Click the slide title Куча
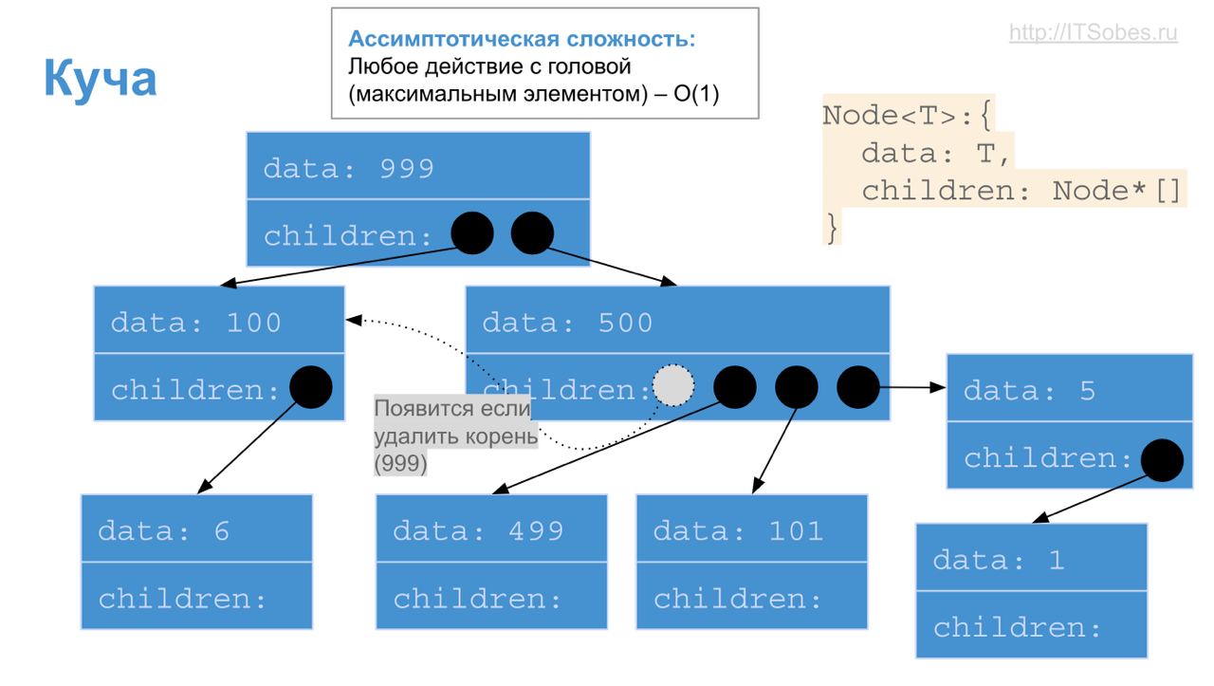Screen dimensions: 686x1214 [x=100, y=79]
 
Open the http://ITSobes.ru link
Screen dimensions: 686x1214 [x=1093, y=33]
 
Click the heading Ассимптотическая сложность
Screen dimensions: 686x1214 [x=522, y=40]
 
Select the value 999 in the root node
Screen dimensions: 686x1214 [x=406, y=168]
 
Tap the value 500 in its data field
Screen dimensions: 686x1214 [x=625, y=323]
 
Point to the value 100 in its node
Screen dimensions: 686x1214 [x=253, y=323]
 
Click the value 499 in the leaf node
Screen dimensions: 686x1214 [x=536, y=530]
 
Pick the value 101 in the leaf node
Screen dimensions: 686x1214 [x=796, y=530]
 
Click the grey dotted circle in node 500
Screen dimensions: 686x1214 [x=673, y=385]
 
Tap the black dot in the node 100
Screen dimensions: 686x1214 [x=310, y=387]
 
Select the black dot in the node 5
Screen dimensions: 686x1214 [x=1162, y=461]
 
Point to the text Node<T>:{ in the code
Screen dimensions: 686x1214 [x=907, y=116]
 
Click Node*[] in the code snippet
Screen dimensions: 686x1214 [x=1117, y=191]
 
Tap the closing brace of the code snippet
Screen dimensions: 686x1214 [x=832, y=229]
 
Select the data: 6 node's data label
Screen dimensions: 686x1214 [x=164, y=530]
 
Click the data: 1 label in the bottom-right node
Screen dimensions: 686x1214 [x=998, y=560]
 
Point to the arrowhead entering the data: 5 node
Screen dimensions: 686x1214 [x=939, y=387]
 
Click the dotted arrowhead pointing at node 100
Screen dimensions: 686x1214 [x=352, y=321]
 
